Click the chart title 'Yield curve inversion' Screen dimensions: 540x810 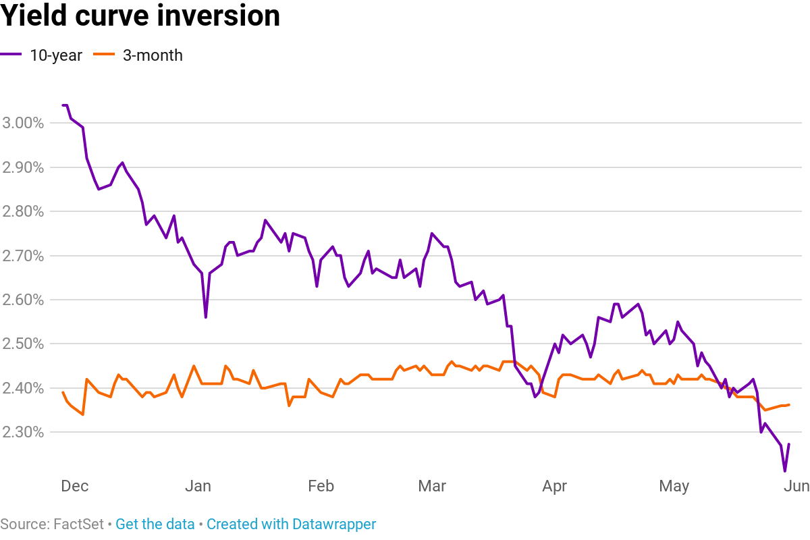140,16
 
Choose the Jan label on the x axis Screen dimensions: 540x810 198,486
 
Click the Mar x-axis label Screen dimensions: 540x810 432,486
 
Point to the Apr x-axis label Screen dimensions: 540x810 554,486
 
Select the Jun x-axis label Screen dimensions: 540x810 796,486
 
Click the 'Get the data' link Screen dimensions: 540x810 155,524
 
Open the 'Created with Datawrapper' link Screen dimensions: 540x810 291,524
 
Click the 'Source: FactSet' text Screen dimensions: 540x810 51,524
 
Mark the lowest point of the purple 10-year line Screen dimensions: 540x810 784,470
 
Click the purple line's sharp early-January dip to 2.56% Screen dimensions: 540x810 205,317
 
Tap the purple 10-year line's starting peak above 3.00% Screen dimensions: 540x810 65,105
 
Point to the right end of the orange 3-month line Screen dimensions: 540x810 789,405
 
